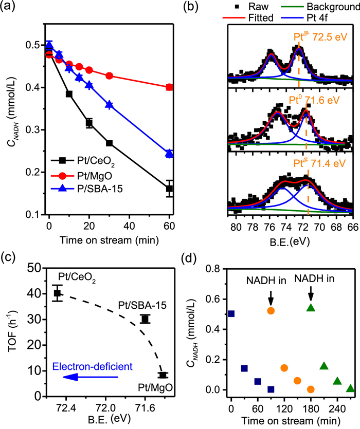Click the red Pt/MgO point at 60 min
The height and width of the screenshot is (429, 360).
(x=170, y=87)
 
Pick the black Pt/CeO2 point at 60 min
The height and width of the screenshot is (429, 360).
(x=170, y=189)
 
